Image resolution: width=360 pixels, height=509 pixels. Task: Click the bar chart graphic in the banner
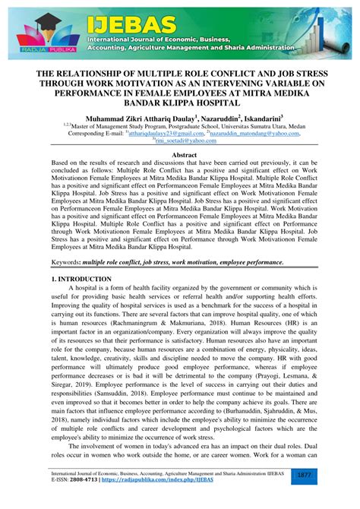pos(333,27)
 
